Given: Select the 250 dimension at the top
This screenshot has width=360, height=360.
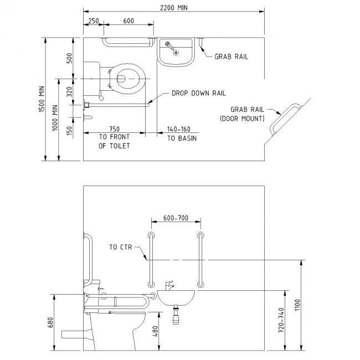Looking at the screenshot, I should [93, 20].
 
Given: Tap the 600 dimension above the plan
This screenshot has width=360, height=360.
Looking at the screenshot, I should [128, 20].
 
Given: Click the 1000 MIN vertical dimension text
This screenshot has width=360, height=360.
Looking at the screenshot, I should [55, 117].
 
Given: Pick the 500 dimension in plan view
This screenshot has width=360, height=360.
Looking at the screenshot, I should [69, 59].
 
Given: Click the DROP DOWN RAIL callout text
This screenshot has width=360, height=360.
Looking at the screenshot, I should [198, 93].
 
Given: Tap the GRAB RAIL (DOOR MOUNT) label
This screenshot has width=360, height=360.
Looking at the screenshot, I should [243, 114].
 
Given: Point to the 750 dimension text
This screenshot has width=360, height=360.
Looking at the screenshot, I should [114, 128].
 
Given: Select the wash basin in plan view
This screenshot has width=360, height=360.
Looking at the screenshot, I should [176, 52].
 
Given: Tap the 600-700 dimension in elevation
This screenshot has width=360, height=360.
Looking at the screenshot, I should [175, 218].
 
